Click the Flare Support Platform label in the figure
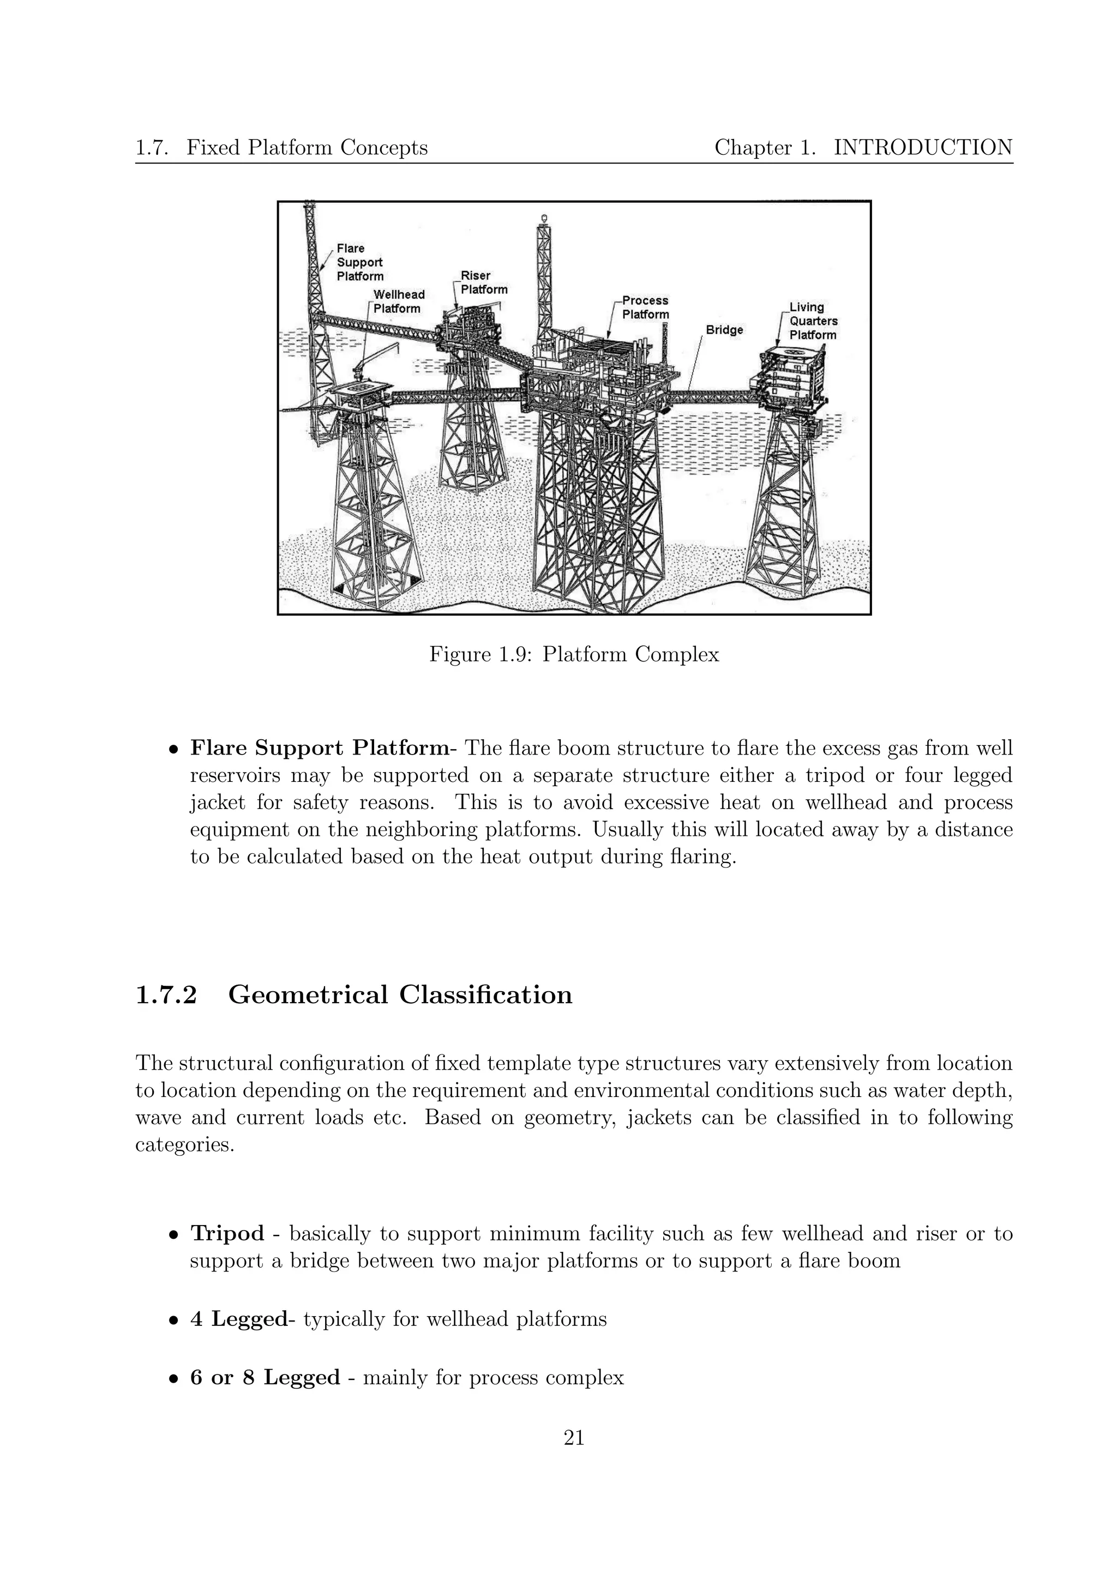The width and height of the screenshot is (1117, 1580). [x=359, y=262]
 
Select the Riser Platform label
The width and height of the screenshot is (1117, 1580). [x=483, y=283]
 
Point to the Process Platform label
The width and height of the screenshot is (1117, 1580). [x=645, y=307]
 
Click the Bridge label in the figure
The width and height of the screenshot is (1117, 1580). [x=724, y=330]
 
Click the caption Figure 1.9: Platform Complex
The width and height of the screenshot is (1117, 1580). [x=574, y=654]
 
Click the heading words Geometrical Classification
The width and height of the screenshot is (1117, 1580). [x=400, y=995]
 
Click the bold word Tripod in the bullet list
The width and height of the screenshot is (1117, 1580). [x=227, y=1233]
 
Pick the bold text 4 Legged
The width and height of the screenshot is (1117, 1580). [x=238, y=1319]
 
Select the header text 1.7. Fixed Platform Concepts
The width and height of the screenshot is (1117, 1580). [x=281, y=147]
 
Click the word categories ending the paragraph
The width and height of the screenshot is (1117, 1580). [x=184, y=1145]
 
